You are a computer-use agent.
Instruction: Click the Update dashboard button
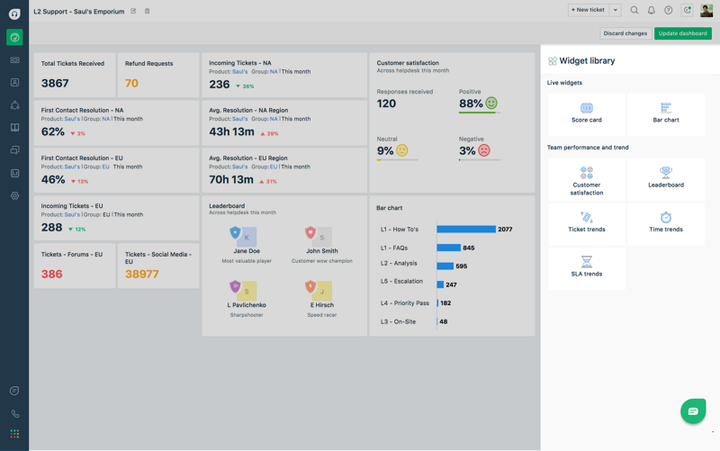point(682,33)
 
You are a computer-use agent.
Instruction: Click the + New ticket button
point(588,10)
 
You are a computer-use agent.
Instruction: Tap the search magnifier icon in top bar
point(634,11)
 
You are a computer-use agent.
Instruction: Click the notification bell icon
point(652,11)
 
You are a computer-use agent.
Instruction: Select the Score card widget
point(587,113)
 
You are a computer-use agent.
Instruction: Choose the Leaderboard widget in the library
point(666,177)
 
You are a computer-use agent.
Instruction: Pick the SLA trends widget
point(587,266)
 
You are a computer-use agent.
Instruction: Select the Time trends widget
point(666,222)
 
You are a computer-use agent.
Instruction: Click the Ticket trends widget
point(587,222)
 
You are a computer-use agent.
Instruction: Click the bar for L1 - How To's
point(466,230)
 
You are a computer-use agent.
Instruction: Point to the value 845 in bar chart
point(469,248)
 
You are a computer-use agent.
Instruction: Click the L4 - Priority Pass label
point(405,303)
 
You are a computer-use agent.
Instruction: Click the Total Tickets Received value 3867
point(55,84)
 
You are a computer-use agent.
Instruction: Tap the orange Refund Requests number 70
point(131,84)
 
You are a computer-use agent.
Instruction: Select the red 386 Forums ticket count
point(51,274)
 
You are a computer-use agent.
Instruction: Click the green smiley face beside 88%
point(491,104)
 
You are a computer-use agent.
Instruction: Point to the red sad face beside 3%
point(484,150)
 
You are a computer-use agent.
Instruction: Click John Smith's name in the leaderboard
point(321,251)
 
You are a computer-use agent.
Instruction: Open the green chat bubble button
point(693,411)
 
